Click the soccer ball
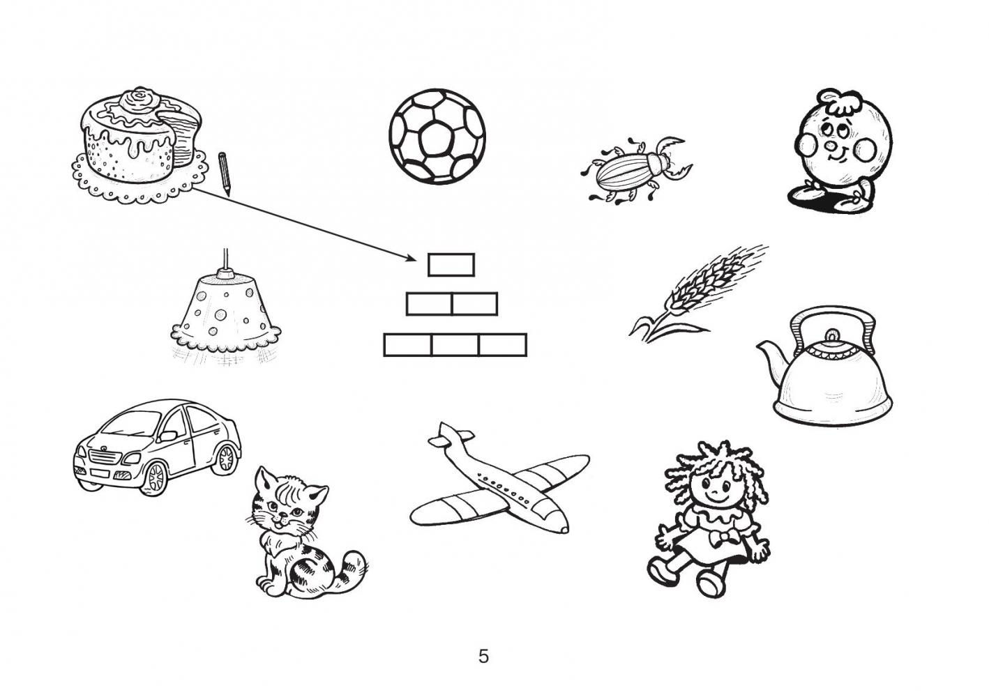437,137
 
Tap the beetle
636,171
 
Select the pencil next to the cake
225,174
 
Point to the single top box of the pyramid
451,265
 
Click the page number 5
483,657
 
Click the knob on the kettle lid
832,335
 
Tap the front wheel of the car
156,477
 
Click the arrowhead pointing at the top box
411,258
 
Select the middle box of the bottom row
455,345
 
